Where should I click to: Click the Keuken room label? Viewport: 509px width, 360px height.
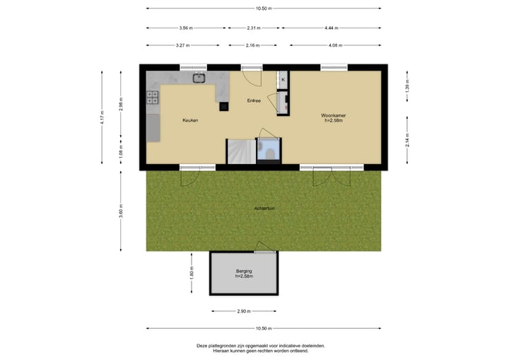190,120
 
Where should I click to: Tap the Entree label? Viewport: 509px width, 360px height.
253,100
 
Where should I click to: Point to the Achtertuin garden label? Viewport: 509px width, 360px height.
264,209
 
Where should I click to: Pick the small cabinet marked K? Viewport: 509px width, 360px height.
283,80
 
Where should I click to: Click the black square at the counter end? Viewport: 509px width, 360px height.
223,107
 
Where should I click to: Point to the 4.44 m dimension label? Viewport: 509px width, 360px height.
332,28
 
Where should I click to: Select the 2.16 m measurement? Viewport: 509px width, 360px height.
252,45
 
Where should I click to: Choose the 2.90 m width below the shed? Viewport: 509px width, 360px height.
245,310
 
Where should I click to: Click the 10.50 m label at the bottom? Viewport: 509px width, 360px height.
264,328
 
